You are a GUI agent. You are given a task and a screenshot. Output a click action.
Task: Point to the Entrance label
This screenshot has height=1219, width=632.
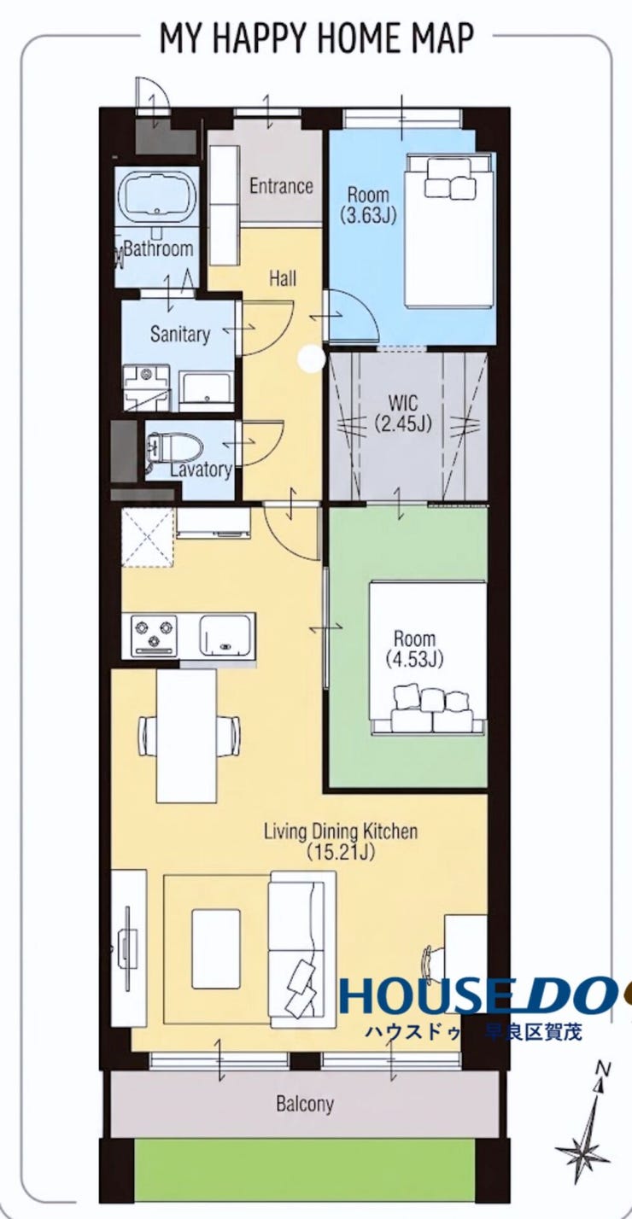[x=281, y=186]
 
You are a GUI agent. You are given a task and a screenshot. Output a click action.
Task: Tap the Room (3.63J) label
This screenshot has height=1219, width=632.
[x=369, y=205]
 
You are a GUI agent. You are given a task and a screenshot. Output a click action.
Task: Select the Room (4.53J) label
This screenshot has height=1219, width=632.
[x=415, y=649]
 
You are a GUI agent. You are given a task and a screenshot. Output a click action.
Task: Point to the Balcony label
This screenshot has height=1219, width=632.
[x=305, y=1088]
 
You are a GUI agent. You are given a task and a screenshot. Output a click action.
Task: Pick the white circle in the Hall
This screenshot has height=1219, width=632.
[x=312, y=359]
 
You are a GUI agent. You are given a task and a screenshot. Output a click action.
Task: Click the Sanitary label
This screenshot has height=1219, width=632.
[x=179, y=333]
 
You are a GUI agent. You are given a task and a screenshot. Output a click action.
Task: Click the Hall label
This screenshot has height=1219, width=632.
[x=283, y=278]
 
